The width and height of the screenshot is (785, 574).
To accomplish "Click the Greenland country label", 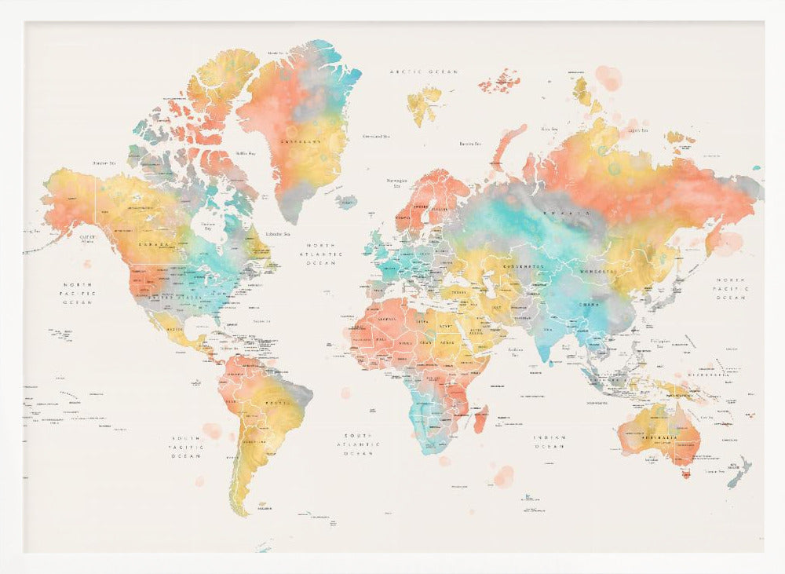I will [301, 142].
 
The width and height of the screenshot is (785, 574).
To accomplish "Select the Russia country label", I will [576, 213].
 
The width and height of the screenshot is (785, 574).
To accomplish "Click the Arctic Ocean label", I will [424, 71].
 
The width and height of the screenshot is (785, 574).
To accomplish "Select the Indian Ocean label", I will [549, 442].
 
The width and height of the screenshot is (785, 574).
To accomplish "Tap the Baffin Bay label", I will [246, 153].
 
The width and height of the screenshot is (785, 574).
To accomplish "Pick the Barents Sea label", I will [470, 144].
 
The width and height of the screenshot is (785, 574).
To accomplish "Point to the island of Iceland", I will [346, 202].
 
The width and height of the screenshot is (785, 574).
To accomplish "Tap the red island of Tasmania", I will [686, 473].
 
